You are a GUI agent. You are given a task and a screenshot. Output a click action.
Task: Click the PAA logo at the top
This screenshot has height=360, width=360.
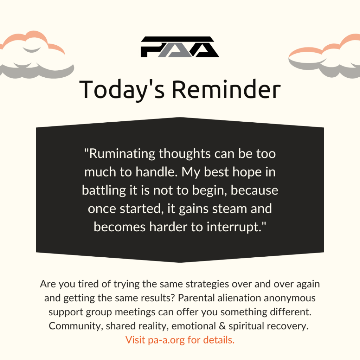(x=180, y=47)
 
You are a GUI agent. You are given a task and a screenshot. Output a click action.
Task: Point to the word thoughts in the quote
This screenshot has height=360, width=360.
(x=185, y=154)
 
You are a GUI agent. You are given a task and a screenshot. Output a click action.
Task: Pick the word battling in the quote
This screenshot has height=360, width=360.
(x=104, y=191)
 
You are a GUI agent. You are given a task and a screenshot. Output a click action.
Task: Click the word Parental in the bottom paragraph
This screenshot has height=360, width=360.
(x=196, y=298)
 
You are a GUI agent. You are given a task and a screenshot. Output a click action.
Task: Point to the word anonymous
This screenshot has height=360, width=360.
(x=290, y=298)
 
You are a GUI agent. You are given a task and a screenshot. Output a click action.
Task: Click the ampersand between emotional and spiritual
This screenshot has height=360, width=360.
(x=222, y=326)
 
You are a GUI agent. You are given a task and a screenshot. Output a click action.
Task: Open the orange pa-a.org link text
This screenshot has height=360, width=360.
(x=166, y=340)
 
